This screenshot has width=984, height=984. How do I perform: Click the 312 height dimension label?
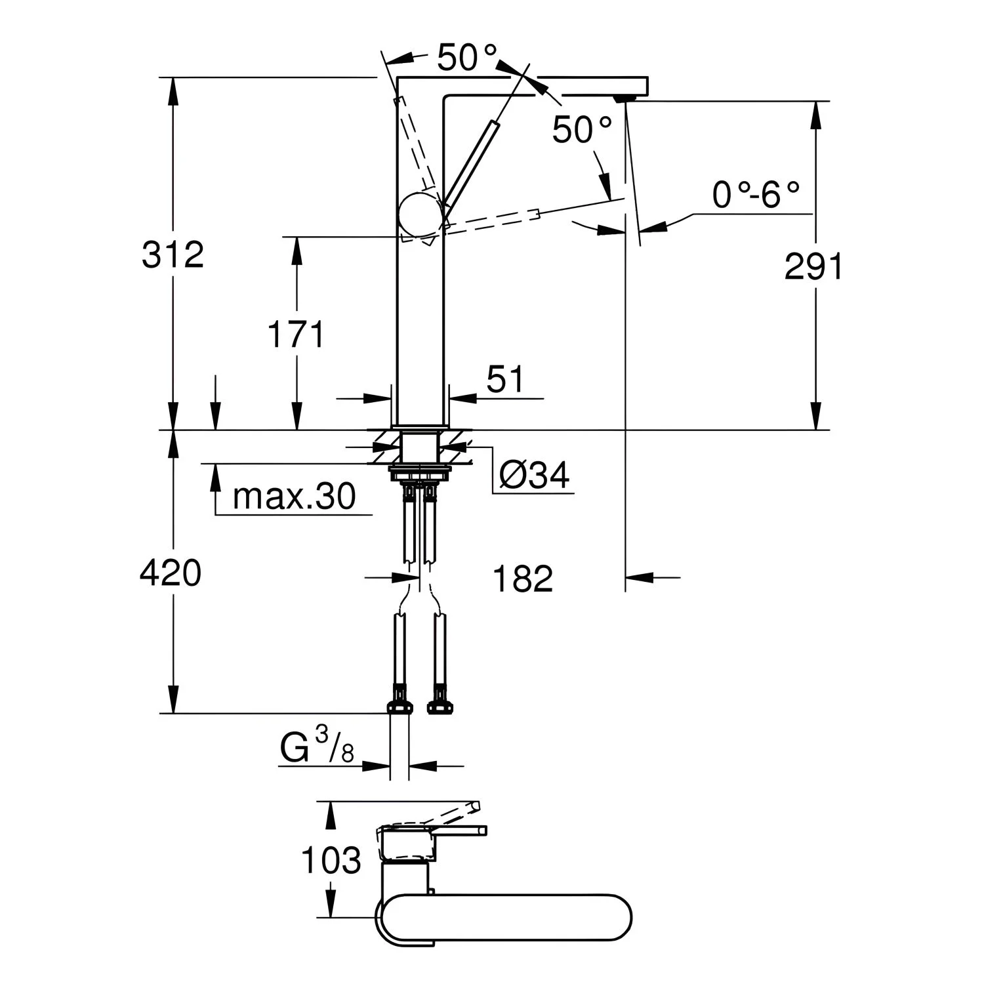click(173, 255)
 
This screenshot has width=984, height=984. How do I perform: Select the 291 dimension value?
click(813, 267)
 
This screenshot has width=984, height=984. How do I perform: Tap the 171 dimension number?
click(296, 335)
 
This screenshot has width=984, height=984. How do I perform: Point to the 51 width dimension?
click(506, 379)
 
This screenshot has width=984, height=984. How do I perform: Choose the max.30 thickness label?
click(295, 497)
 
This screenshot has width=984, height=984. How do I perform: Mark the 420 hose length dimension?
click(171, 573)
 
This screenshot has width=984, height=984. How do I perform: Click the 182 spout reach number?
click(523, 579)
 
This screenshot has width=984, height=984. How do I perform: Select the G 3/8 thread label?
click(318, 748)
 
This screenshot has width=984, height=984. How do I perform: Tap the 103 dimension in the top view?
click(331, 859)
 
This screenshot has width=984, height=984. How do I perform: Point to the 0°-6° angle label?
click(756, 195)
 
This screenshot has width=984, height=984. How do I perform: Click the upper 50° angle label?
click(468, 58)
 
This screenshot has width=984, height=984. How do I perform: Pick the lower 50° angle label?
click(583, 129)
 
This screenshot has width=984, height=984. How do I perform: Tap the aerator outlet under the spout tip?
click(623, 98)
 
